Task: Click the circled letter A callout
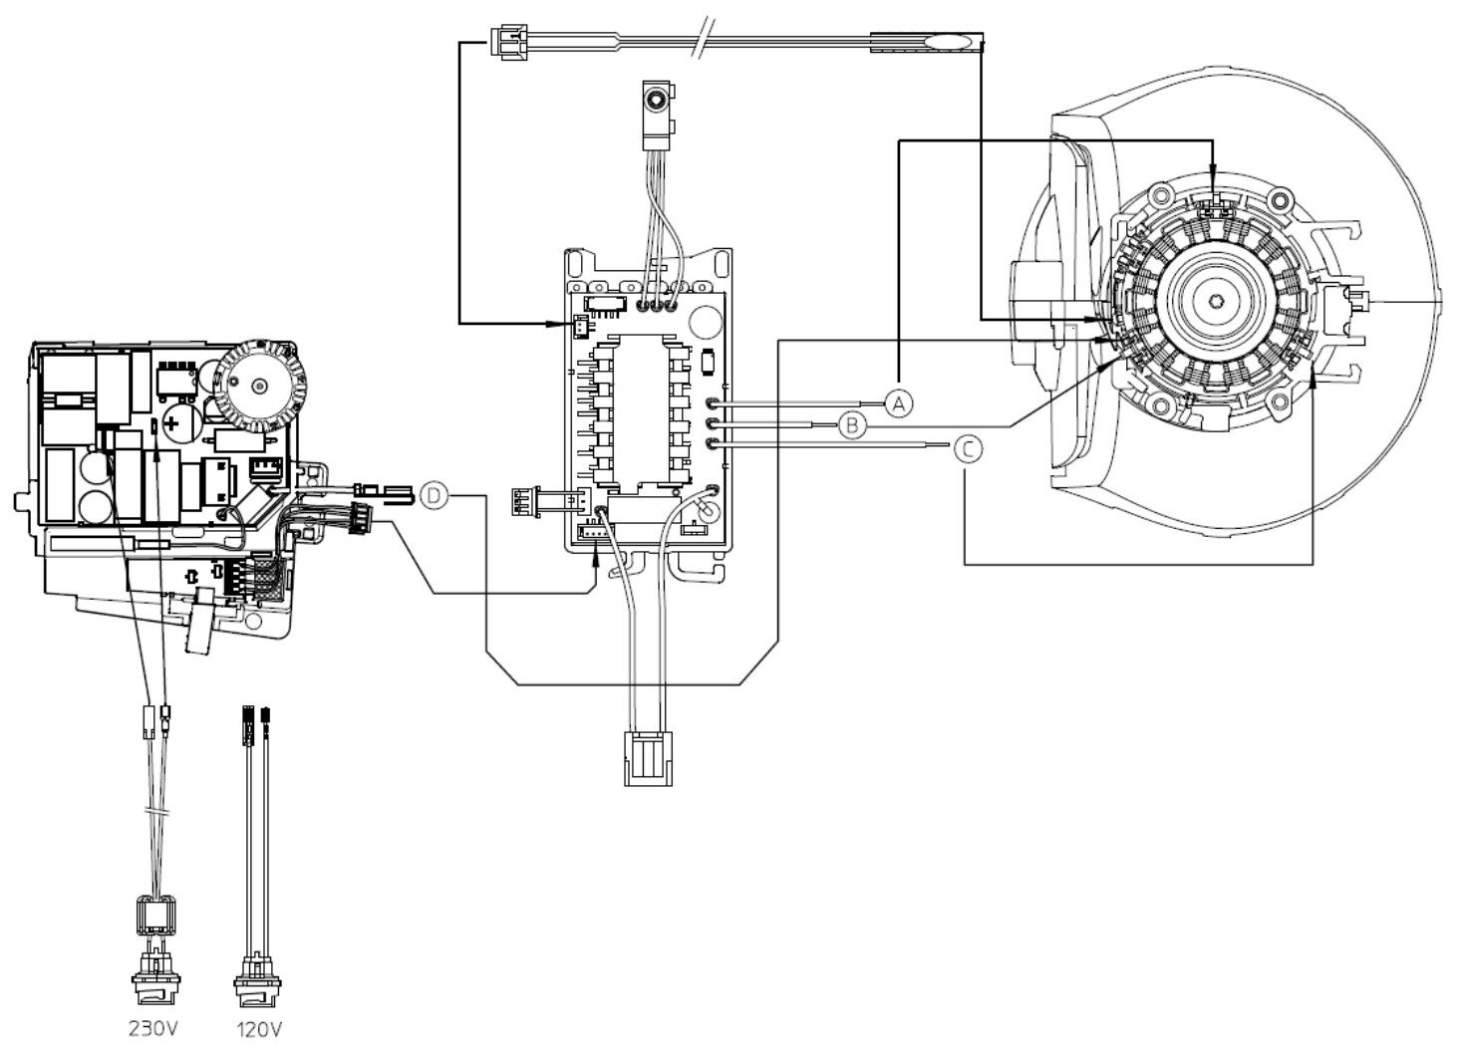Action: (x=899, y=402)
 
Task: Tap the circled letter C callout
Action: (x=968, y=449)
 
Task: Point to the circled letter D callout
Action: (x=434, y=496)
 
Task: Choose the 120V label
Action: (x=259, y=1030)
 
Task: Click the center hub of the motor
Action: (x=1216, y=301)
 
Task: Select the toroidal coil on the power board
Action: (x=259, y=387)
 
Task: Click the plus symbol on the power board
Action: (x=171, y=424)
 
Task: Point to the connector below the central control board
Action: (x=648, y=759)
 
